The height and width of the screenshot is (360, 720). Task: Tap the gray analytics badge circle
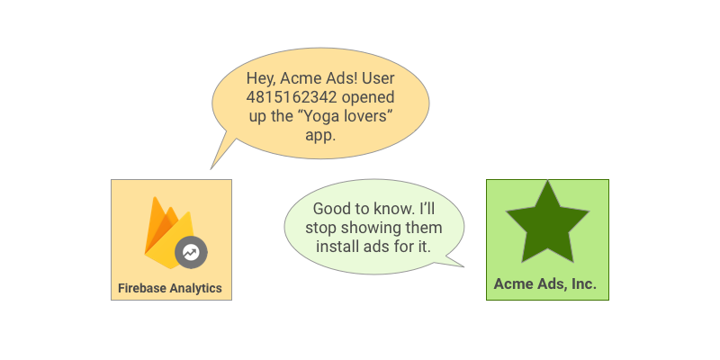(191, 253)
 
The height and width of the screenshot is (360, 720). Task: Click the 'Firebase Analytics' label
(170, 289)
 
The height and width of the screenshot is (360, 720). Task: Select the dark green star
(547, 222)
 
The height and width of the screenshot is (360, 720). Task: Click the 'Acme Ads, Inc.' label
(545, 284)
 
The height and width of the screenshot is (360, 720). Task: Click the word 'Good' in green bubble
(332, 208)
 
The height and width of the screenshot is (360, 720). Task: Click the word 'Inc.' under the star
(580, 284)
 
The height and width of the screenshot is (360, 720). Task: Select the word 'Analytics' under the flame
(193, 289)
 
